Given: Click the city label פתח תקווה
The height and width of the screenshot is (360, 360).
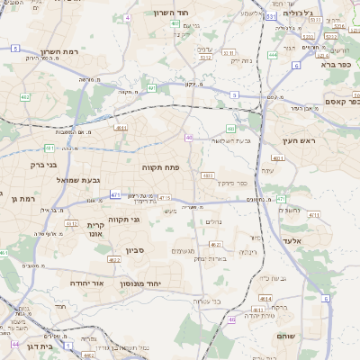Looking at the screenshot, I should [161, 167].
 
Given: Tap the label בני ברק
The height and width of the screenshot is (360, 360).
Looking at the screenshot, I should [43, 165].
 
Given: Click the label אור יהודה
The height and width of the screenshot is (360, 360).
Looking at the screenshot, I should [86, 283].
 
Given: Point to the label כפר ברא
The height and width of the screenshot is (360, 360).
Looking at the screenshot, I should [332, 65].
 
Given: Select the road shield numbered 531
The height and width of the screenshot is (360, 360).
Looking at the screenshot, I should [272, 16].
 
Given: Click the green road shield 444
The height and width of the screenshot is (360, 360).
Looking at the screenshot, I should [272, 55].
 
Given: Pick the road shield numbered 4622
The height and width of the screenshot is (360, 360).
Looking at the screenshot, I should [114, 259].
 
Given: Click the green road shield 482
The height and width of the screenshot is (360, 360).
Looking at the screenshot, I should [49, 148].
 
